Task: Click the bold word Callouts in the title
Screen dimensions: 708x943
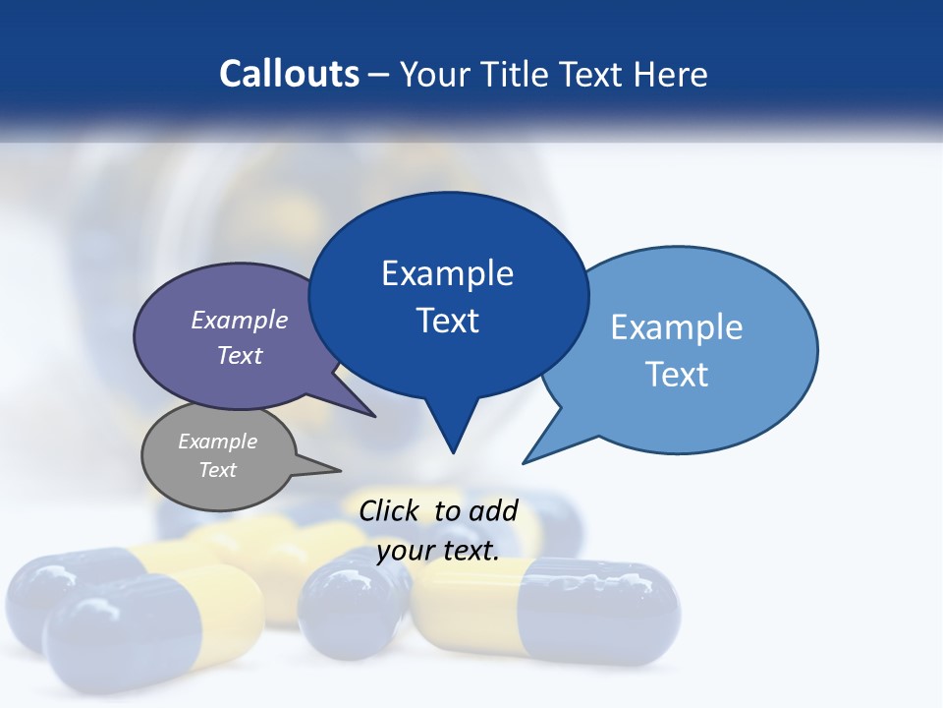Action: [x=289, y=74]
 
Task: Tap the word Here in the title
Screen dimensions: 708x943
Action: [x=671, y=75]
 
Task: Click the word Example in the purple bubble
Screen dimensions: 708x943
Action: [x=240, y=321]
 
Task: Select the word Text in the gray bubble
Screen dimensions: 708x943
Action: [x=218, y=470]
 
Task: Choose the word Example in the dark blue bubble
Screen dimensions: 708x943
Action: [x=447, y=273]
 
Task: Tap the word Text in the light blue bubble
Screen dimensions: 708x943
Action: [x=677, y=375]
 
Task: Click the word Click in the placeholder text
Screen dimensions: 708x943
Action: [x=391, y=510]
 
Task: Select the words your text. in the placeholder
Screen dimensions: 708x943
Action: [x=438, y=551]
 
